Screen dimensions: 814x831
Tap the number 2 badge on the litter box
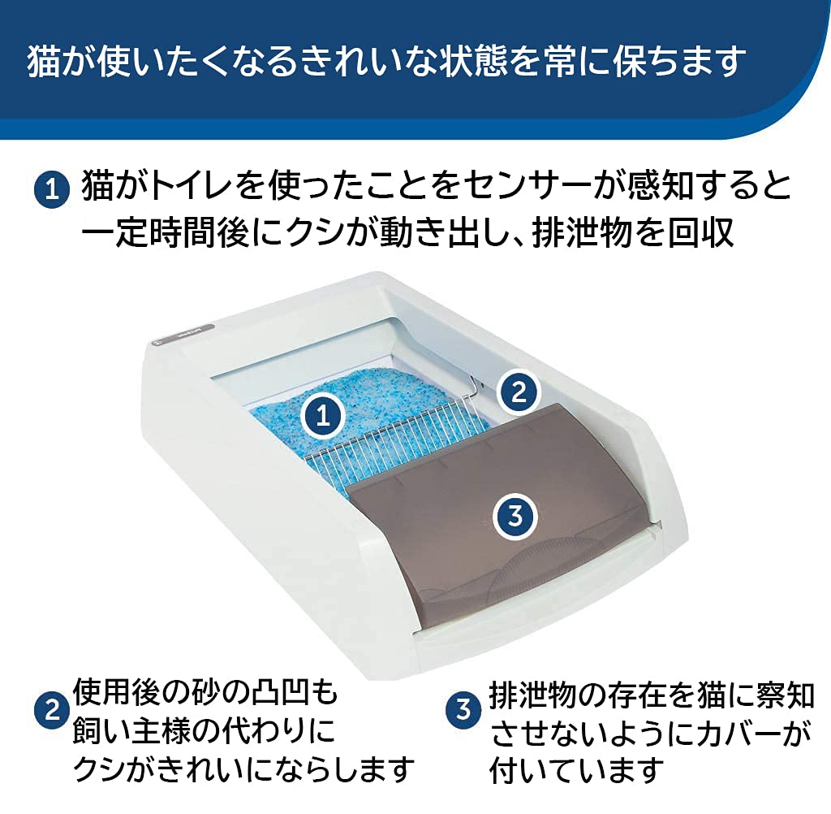[x=518, y=392]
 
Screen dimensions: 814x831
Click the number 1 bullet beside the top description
[x=53, y=192]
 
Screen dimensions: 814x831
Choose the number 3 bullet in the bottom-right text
[x=463, y=710]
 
